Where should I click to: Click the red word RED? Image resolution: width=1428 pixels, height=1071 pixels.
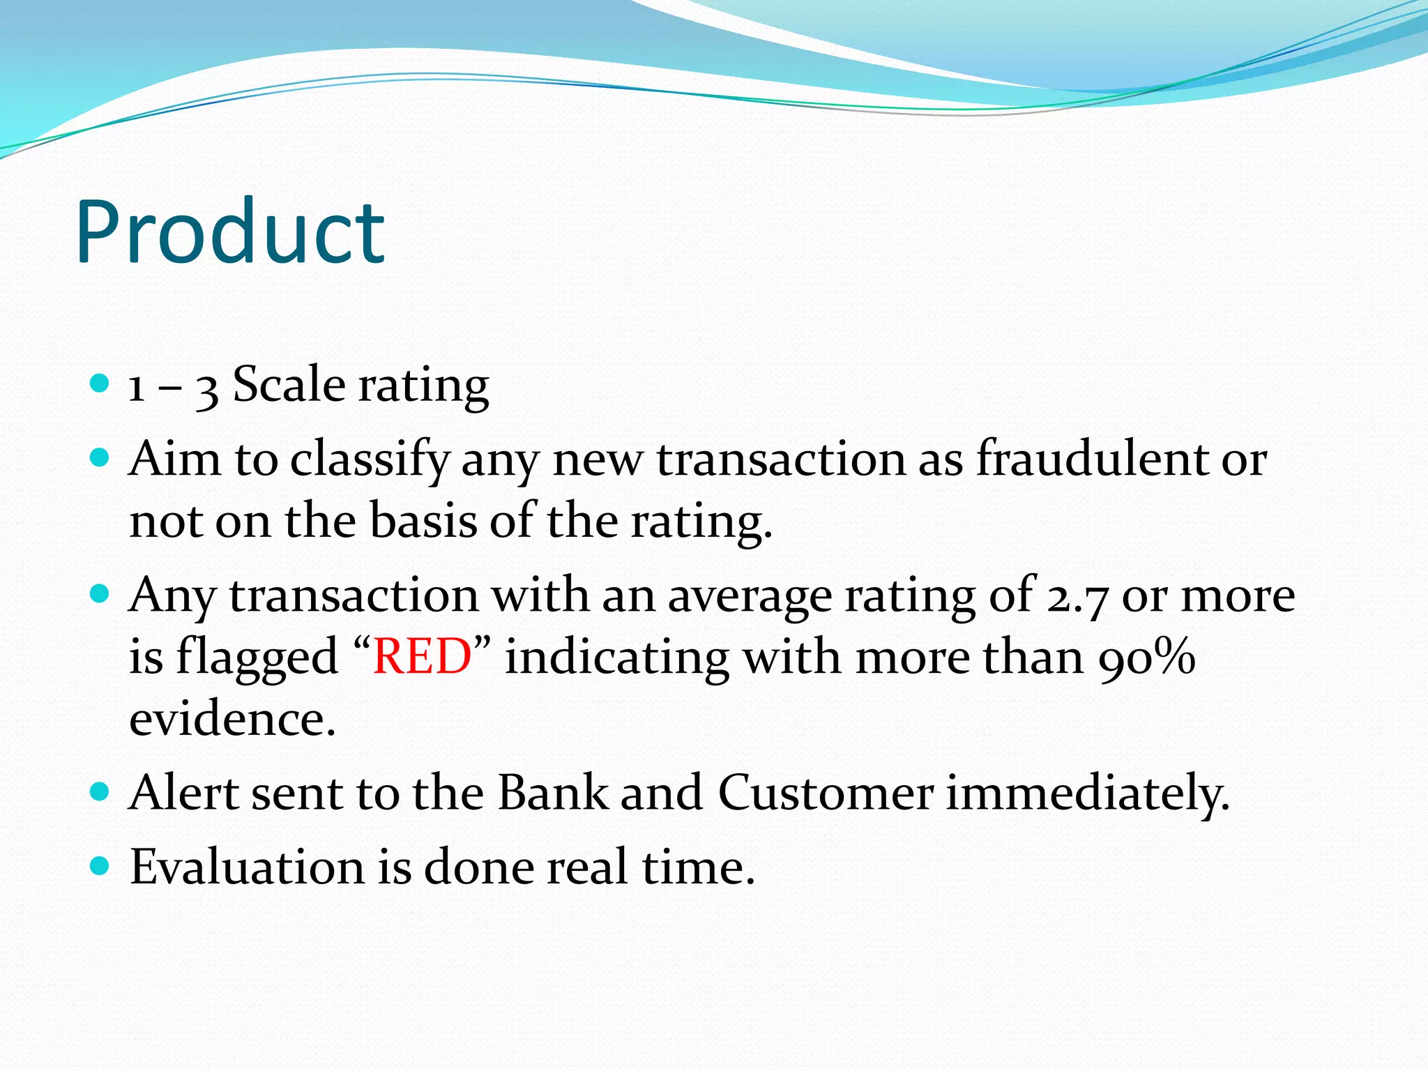tap(422, 657)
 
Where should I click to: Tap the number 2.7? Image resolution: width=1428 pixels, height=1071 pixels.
tap(1077, 597)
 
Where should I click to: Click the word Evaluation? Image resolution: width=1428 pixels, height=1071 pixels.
tap(247, 867)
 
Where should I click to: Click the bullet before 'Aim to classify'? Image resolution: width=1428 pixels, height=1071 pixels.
tap(100, 457)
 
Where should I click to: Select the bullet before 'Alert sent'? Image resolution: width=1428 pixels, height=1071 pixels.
tap(100, 791)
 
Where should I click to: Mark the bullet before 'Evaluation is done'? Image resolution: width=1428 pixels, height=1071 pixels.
tap(100, 866)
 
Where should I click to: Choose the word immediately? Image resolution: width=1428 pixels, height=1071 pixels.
tap(1087, 794)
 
